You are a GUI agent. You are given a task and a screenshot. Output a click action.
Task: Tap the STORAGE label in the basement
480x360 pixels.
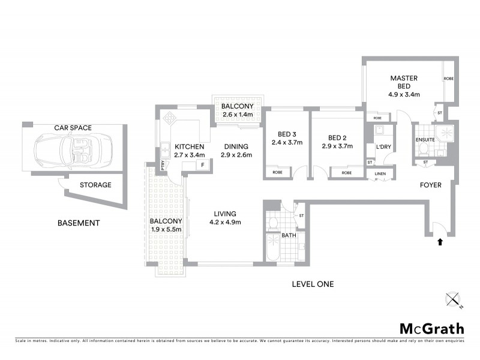(95, 185)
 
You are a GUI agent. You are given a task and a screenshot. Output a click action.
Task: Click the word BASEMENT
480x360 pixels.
(78, 223)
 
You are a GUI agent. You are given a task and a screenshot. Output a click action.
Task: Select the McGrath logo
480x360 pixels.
(431, 328)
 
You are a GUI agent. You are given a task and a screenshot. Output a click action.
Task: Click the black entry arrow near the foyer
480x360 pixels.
(440, 242)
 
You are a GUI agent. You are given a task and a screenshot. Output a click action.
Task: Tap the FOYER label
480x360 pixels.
(430, 185)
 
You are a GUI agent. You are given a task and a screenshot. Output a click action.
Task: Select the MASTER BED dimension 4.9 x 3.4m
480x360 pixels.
(403, 94)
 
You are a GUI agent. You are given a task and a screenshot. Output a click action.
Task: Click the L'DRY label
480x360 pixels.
(383, 146)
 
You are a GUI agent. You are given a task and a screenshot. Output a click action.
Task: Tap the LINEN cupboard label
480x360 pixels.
(380, 174)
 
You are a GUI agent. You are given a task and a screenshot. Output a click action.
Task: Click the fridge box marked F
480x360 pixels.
(202, 165)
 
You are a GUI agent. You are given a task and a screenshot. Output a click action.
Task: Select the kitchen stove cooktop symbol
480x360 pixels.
(171, 117)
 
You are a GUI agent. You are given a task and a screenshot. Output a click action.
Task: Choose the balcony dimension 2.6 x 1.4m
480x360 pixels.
(238, 115)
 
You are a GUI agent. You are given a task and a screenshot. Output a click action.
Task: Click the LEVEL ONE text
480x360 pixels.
(313, 284)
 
